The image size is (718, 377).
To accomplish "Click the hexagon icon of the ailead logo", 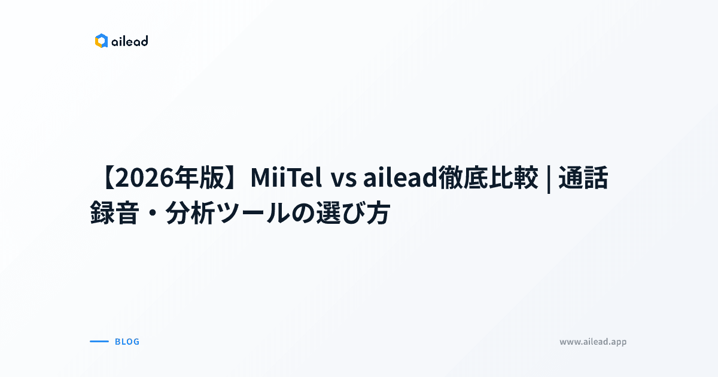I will point(101,41).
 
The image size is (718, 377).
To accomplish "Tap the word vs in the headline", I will point(345,178).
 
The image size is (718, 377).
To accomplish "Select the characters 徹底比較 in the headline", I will point(488,178).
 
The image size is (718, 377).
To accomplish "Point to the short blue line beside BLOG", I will point(99,342).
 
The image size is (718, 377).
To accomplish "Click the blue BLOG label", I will point(127,342).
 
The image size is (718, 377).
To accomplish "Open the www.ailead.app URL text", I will point(593,342).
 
